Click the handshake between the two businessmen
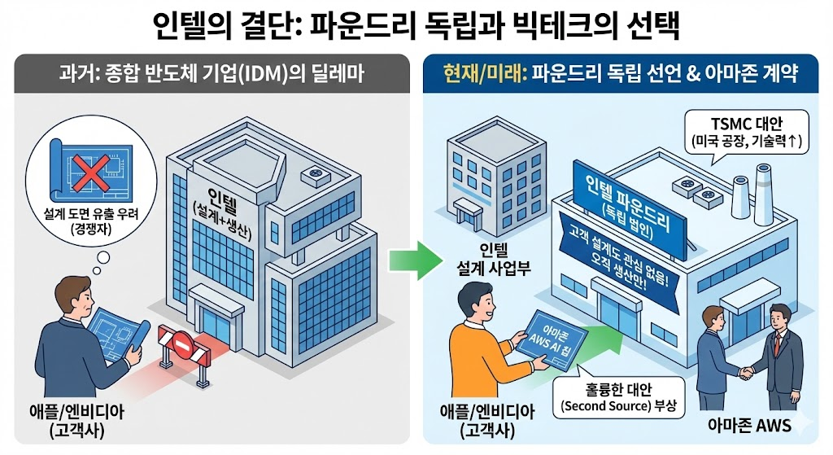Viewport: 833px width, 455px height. (x=747, y=372)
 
